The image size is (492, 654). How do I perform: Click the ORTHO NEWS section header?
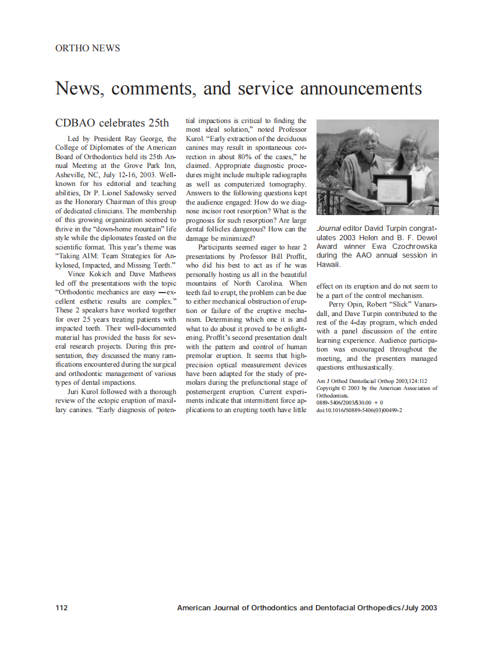click(x=87, y=48)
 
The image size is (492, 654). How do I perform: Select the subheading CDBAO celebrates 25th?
click(x=112, y=123)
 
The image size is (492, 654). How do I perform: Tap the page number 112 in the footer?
click(x=61, y=608)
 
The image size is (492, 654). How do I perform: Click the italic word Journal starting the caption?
click(x=328, y=229)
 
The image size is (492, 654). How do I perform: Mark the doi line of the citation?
click(x=359, y=410)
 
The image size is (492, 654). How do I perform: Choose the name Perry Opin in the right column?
click(x=344, y=304)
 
